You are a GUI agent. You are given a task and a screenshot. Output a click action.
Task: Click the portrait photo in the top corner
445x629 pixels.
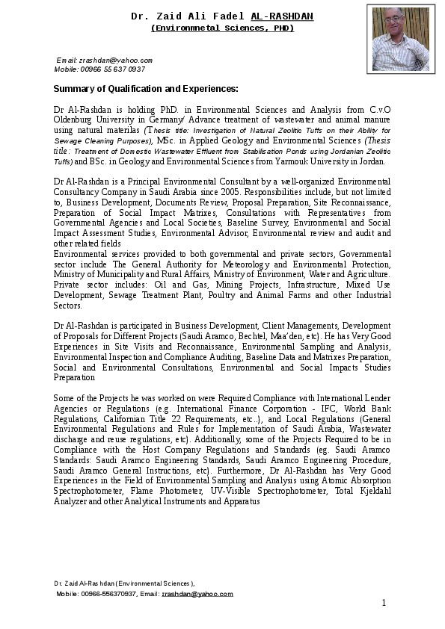tap(400, 37)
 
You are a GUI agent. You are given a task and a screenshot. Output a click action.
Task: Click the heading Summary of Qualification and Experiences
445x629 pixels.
tap(145, 89)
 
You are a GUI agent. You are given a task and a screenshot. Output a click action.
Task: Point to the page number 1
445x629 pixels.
tap(384, 603)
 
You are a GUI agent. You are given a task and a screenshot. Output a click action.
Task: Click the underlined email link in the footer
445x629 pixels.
tap(197, 594)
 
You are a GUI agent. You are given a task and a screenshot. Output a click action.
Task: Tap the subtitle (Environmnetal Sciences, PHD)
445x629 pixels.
tap(222, 28)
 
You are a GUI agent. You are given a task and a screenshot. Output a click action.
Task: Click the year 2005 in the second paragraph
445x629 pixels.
tap(223, 191)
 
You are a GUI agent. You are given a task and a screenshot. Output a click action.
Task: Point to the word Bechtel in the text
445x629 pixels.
tap(274, 337)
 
